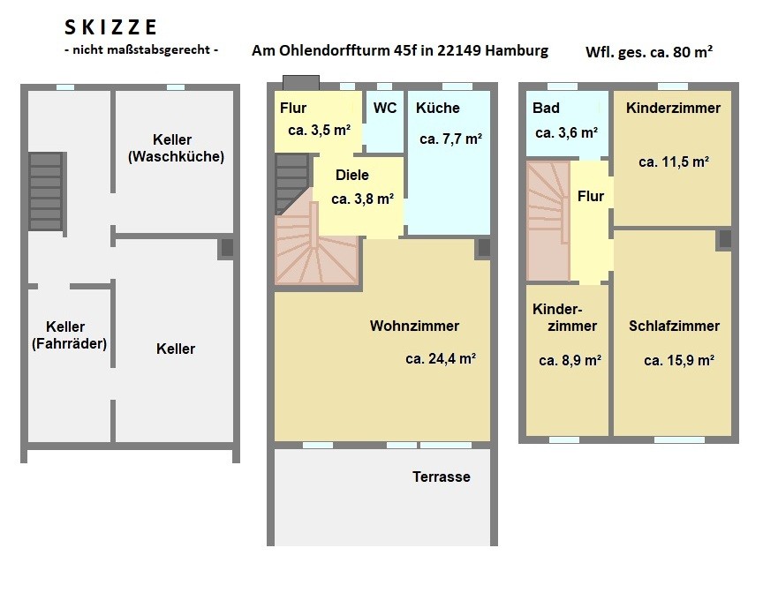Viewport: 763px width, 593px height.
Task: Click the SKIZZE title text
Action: [110, 27]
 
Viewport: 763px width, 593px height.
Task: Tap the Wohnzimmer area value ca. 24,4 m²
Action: [441, 359]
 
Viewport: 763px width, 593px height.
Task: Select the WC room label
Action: [385, 108]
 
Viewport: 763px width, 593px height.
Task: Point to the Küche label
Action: [437, 108]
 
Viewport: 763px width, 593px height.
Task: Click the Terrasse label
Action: [442, 477]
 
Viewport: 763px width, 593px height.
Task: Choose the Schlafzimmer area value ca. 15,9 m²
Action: [679, 361]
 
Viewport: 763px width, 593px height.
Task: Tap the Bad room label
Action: [546, 108]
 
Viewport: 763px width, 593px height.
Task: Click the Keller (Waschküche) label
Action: [176, 148]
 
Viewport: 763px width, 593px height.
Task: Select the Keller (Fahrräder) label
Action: [69, 335]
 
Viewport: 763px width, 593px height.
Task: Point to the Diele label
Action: [351, 175]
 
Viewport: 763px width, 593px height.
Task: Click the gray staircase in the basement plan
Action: [46, 191]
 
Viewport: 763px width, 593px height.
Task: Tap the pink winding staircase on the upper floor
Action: [548, 221]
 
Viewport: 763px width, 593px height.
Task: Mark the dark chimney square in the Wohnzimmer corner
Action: [484, 247]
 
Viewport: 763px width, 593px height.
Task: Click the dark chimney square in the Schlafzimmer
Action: [724, 239]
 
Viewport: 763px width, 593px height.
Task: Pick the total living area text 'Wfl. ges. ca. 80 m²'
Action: [649, 51]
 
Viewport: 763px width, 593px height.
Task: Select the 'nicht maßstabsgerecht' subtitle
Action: [141, 49]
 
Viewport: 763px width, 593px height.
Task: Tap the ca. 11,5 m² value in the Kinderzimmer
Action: [674, 161]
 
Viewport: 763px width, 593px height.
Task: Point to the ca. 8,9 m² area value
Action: [570, 361]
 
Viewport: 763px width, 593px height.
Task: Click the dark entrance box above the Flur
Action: [301, 83]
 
